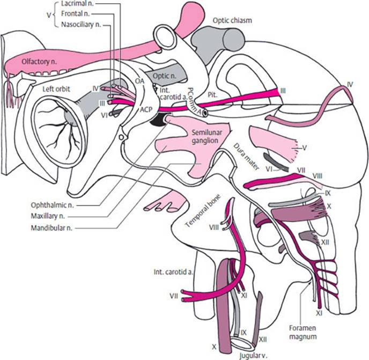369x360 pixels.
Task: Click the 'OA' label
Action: [x=141, y=80]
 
